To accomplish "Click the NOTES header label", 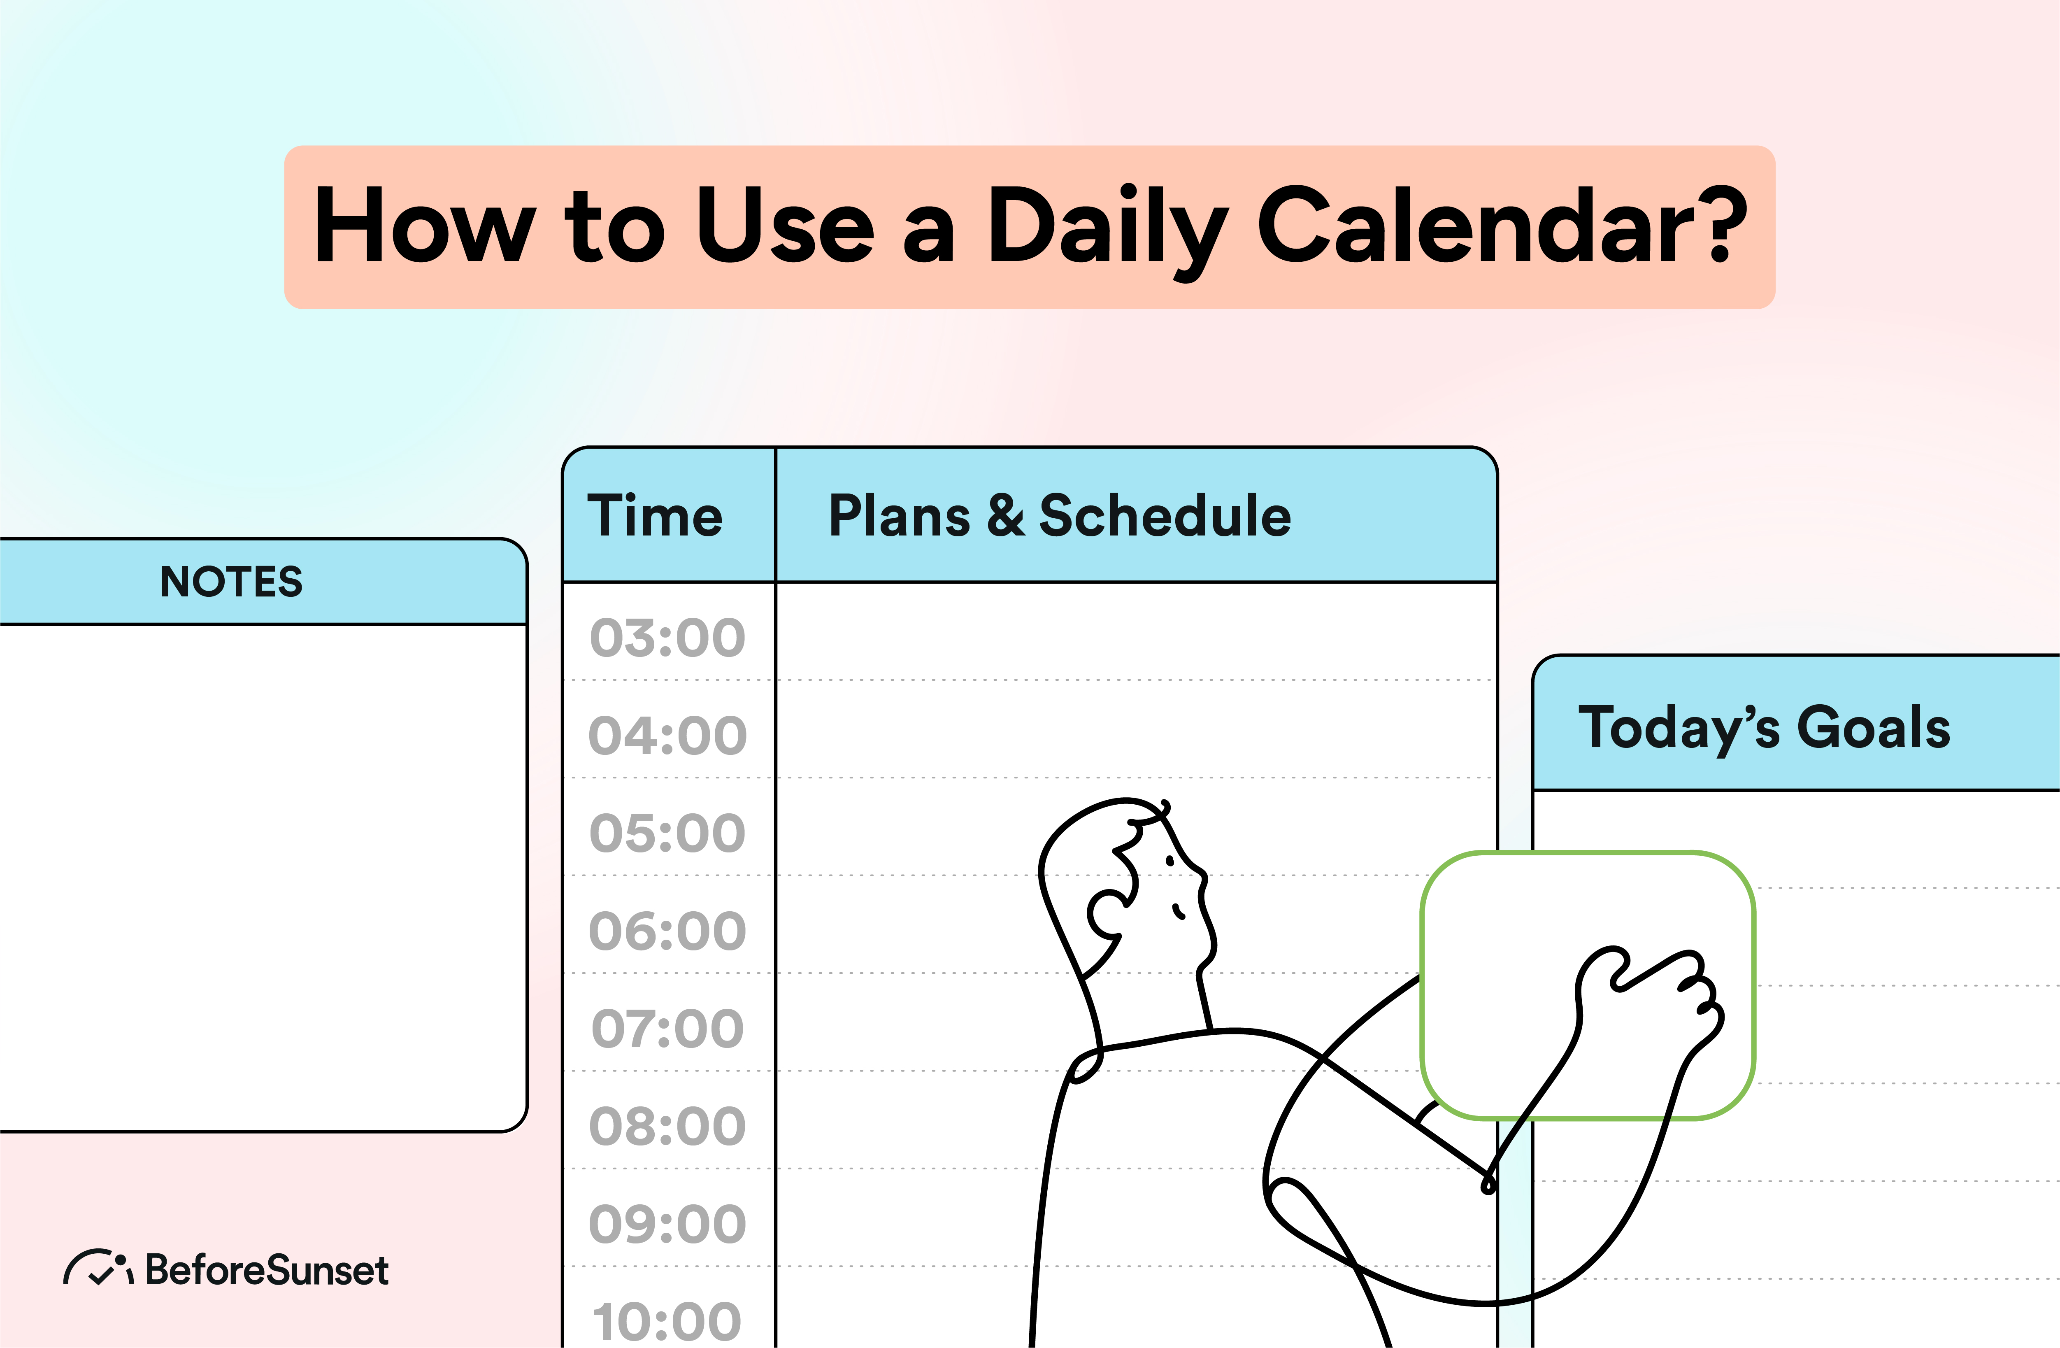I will (x=231, y=582).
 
